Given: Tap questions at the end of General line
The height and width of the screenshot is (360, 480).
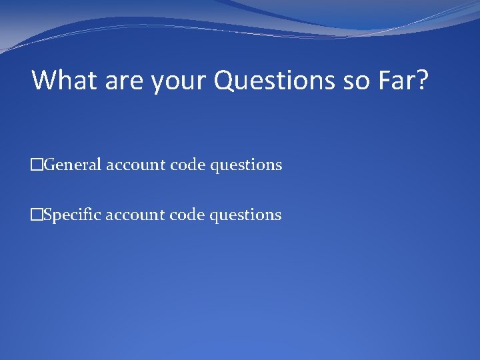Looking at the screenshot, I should (x=246, y=165).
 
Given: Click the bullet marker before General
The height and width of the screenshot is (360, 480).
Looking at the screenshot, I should (x=37, y=164).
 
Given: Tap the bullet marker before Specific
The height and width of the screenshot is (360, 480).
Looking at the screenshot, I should (x=37, y=215).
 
